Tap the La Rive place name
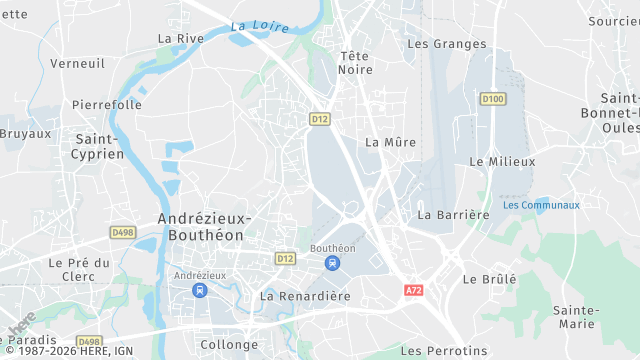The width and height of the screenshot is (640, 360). (180, 38)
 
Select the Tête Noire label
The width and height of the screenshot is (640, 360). (355, 62)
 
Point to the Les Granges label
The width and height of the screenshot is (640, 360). (447, 44)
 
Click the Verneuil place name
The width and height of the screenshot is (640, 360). (77, 63)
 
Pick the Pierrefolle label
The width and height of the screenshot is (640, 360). (106, 104)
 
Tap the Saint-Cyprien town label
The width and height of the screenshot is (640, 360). (97, 146)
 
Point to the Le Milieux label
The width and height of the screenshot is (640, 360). (502, 161)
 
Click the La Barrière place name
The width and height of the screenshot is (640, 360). (453, 214)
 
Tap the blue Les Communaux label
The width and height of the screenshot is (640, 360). (541, 205)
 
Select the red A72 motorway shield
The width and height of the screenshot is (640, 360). (414, 290)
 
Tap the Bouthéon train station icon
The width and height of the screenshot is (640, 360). (332, 263)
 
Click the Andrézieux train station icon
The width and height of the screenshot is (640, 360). (199, 290)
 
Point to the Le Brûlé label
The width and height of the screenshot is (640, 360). (490, 279)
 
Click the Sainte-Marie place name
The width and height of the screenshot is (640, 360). (575, 317)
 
